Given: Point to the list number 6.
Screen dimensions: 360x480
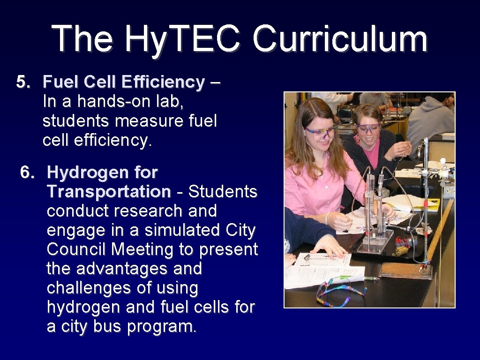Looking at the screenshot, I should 27,173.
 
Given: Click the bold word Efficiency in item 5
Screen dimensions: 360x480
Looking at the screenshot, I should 163,82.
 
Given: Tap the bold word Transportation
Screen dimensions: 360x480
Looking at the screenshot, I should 109,192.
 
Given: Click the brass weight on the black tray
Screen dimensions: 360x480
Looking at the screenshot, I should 402,250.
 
